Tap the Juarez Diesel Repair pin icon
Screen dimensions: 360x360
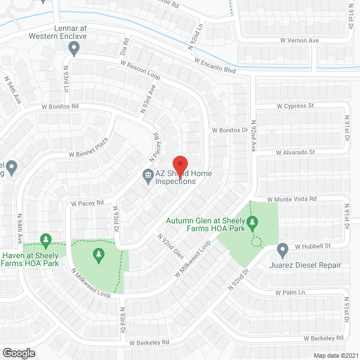[283, 248]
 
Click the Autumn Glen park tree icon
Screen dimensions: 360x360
[253, 223]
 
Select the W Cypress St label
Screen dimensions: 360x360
[295, 106]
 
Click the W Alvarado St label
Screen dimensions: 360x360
[295, 152]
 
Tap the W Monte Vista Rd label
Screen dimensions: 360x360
[291, 199]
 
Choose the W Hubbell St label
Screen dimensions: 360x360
[311, 246]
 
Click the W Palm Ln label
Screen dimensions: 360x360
[290, 292]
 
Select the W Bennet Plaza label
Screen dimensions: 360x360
[88, 148]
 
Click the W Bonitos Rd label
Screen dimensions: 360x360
[60, 106]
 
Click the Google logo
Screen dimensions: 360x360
[19, 353]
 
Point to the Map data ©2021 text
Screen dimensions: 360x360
[336, 355]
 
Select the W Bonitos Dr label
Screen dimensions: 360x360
[229, 130]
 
